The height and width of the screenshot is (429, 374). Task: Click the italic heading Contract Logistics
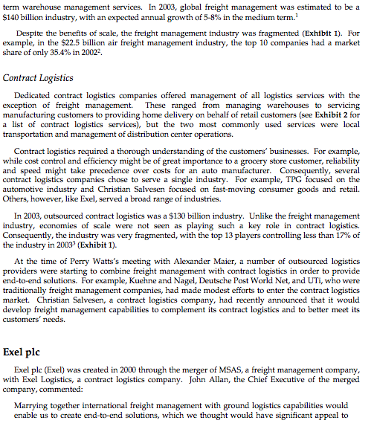[x=38, y=77]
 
